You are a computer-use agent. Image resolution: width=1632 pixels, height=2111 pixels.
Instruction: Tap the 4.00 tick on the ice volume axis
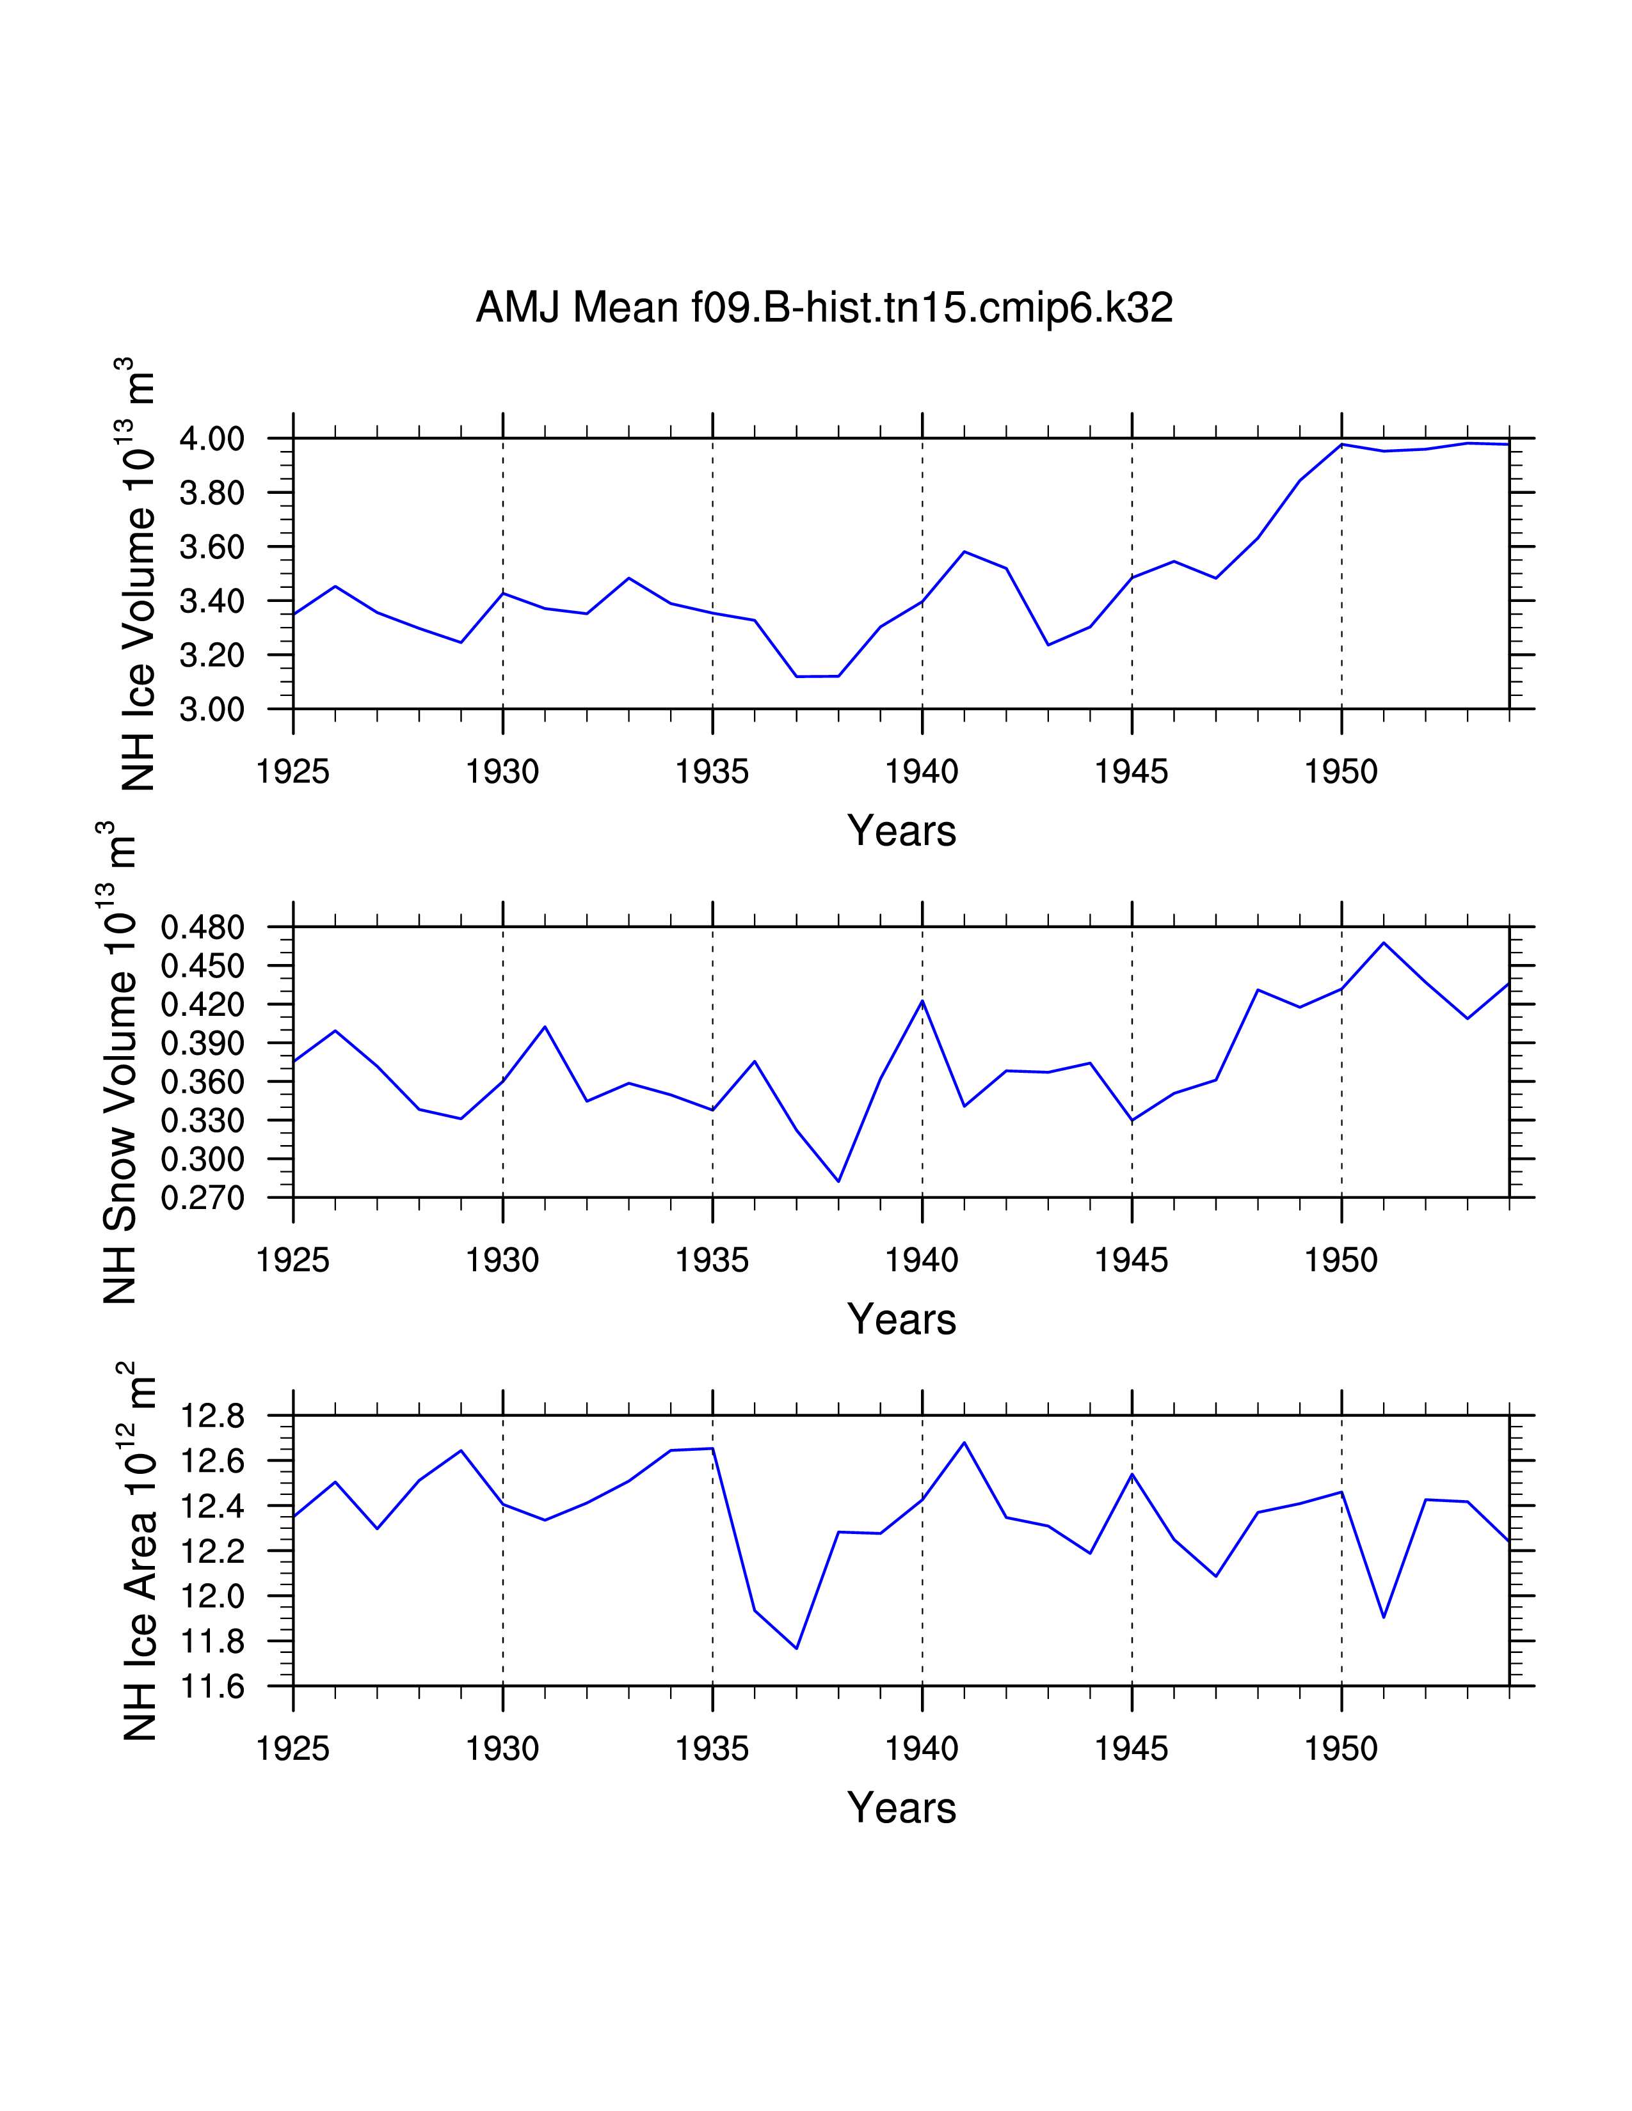tap(212, 439)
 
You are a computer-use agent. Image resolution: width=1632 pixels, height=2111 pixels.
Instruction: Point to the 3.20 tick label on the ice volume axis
tap(212, 655)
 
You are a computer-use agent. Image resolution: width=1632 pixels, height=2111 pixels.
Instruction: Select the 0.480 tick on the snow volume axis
tap(202, 928)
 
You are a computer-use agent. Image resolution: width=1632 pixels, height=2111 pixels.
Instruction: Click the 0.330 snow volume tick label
tap(202, 1121)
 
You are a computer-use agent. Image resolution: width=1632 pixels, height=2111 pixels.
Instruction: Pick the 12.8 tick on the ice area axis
tap(212, 1417)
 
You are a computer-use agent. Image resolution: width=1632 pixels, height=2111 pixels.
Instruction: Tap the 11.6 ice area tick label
tap(212, 1688)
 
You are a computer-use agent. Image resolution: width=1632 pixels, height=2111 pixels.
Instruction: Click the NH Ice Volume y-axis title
tap(138, 574)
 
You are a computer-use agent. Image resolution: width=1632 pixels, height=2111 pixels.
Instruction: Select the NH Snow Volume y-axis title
tap(119, 1063)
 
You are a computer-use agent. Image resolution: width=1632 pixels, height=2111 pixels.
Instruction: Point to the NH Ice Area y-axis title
tap(138, 1551)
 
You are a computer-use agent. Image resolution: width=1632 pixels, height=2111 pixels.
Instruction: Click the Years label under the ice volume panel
tap(901, 831)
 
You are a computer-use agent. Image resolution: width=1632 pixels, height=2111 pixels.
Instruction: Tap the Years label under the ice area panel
tap(901, 1808)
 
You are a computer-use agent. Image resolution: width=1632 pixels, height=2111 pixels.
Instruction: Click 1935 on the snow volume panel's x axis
tap(712, 1260)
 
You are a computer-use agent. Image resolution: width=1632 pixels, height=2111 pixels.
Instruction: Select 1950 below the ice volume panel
tap(1341, 771)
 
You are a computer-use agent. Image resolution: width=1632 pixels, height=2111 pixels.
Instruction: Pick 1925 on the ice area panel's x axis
tap(293, 1750)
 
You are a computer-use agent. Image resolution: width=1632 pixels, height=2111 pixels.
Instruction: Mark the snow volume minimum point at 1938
tap(838, 1181)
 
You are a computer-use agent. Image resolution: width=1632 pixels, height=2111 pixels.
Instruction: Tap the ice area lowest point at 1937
tap(797, 1648)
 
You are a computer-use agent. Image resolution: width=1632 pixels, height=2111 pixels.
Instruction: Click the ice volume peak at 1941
tap(964, 552)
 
